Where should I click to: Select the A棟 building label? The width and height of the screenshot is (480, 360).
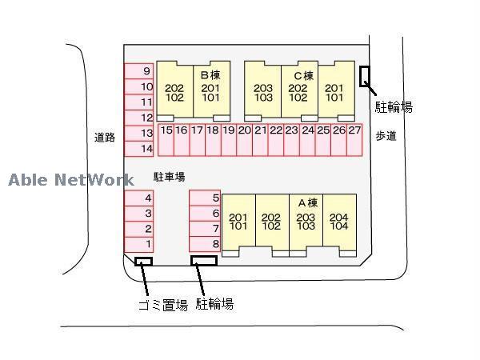point(307,203)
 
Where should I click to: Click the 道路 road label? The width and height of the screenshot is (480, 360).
point(105,137)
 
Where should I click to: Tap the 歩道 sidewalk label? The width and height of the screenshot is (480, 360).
point(386,137)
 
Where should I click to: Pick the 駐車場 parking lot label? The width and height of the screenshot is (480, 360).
point(170,177)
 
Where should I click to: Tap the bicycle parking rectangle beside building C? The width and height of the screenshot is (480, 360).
point(366,77)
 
